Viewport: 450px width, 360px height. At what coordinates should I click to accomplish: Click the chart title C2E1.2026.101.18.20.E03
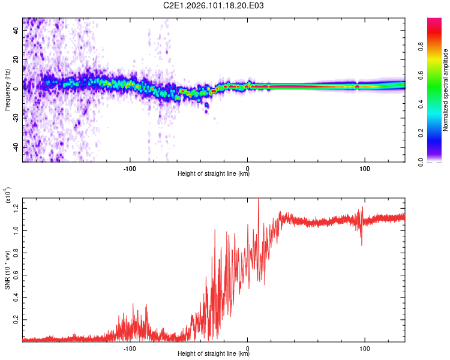[x=214, y=5]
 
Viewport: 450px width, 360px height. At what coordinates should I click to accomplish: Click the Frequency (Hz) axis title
[x=7, y=90]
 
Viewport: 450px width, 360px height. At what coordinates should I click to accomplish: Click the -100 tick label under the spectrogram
[x=130, y=168]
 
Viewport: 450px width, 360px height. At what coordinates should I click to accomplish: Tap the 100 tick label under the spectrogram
[x=364, y=168]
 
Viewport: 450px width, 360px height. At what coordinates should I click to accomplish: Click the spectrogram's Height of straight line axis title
[x=214, y=174]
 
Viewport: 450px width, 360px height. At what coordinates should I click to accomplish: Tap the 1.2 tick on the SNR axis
[x=16, y=208]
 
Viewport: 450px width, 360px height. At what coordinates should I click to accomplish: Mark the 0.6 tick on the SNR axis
[x=16, y=275]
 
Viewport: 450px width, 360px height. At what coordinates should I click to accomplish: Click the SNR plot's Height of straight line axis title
[x=214, y=354]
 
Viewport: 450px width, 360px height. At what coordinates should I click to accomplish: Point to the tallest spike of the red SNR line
[x=258, y=200]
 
